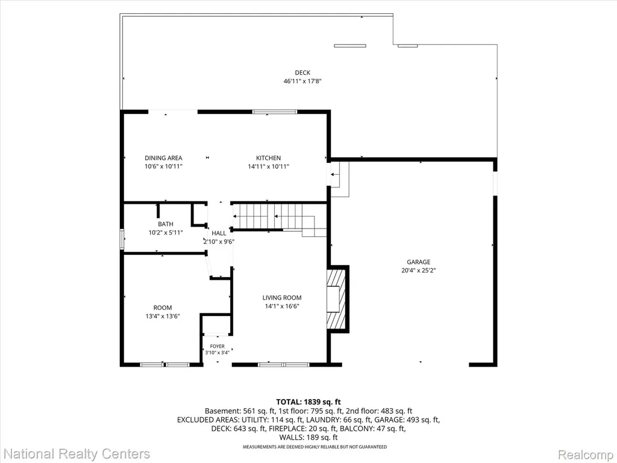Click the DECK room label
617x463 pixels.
coord(302,72)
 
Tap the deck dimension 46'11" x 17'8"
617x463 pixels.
coord(302,81)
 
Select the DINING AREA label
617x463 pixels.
coord(163,158)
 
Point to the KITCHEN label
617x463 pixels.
coord(268,158)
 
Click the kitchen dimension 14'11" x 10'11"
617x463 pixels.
coord(268,166)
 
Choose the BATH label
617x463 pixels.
coord(166,224)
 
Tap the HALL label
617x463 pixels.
coord(219,233)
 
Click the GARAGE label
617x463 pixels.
coord(418,262)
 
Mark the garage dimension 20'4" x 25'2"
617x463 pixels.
coord(418,271)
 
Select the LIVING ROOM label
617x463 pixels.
coord(282,298)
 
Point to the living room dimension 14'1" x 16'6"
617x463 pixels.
coord(282,306)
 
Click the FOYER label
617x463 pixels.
coord(217,347)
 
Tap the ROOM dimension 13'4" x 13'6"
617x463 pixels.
coord(163,316)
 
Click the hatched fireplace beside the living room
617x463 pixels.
coord(337,299)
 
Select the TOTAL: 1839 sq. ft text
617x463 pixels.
coord(308,402)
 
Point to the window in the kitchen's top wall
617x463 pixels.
coord(275,112)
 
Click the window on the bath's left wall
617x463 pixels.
coord(122,239)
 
